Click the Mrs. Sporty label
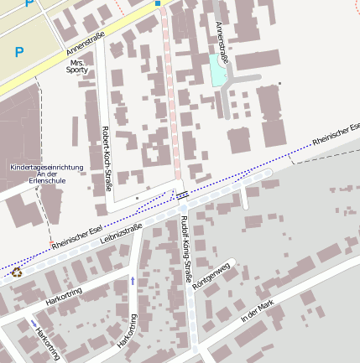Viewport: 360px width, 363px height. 77,66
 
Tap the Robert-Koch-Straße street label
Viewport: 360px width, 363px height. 106,158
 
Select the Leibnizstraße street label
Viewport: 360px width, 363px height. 121,232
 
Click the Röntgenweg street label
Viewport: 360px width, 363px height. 210,277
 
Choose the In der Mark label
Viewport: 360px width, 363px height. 257,311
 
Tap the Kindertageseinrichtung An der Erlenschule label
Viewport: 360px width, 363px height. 46,174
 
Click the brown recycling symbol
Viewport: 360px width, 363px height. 16,272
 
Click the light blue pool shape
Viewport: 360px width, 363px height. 218,74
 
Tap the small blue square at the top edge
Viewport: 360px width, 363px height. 157,3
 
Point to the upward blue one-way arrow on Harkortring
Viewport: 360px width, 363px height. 132,280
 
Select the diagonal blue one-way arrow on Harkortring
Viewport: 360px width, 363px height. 34,323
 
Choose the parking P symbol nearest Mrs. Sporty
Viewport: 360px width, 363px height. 19,52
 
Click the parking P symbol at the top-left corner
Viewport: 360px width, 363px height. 30,3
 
